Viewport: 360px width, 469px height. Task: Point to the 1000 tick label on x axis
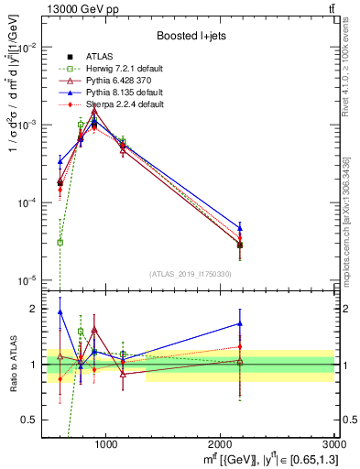click(x=106, y=444)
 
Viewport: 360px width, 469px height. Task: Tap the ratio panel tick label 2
click(x=35, y=309)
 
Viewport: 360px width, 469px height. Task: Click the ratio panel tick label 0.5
click(x=31, y=420)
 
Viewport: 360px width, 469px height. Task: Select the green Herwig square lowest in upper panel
click(x=60, y=242)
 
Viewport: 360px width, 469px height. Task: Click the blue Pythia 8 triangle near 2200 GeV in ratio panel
click(x=240, y=323)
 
